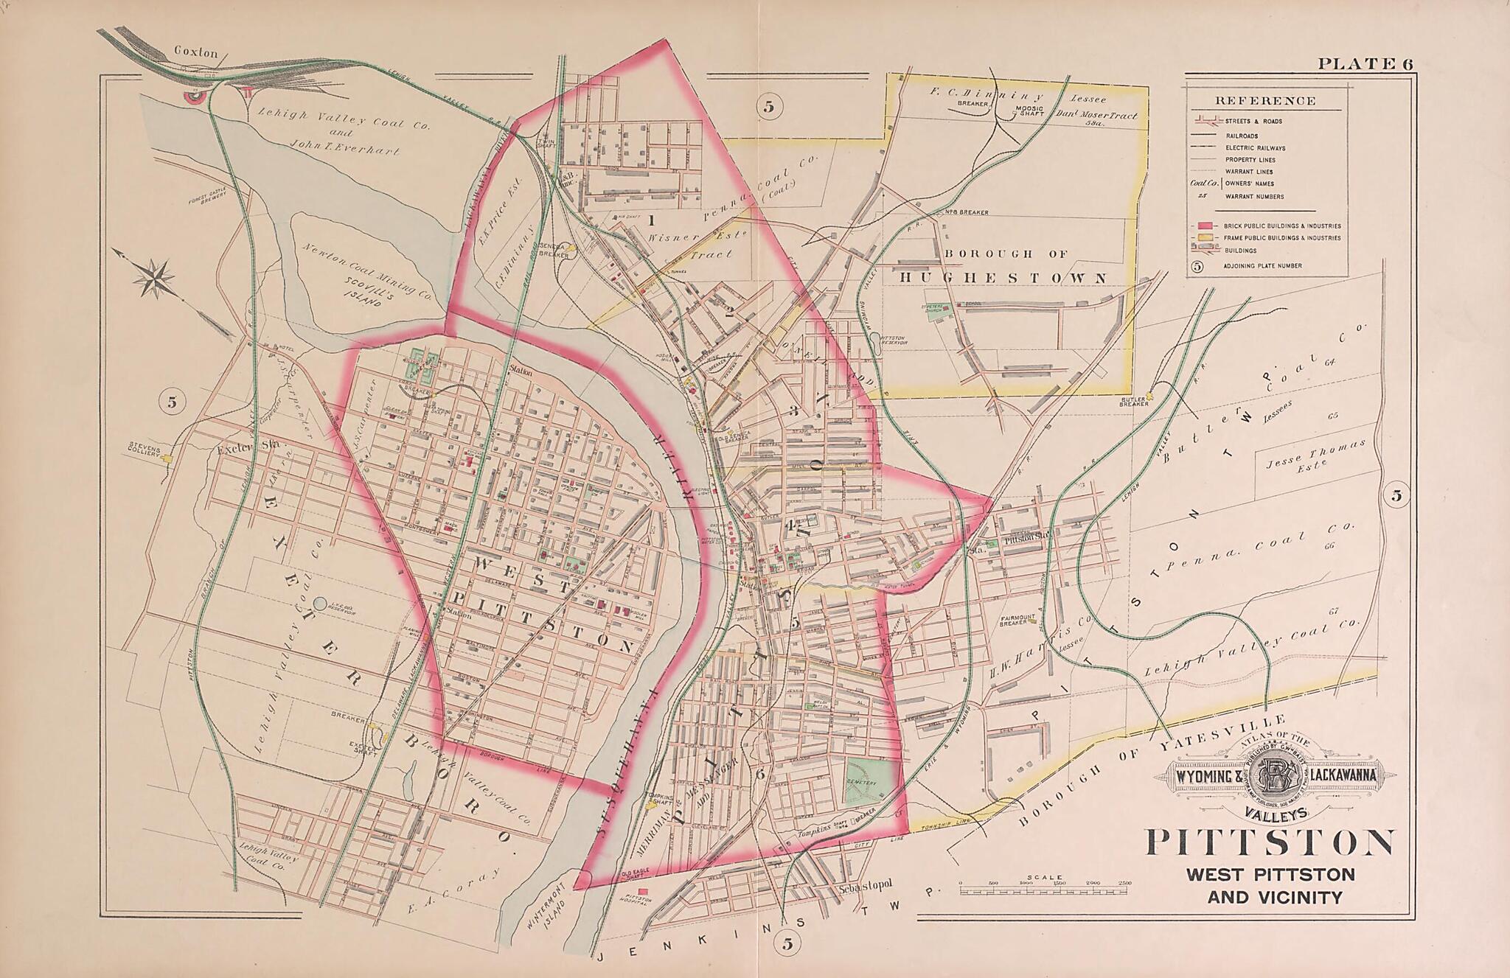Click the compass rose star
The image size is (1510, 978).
tap(156, 278)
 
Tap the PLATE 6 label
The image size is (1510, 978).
tap(1365, 64)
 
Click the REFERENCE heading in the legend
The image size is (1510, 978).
tap(1265, 101)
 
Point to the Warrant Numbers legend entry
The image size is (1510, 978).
tap(1254, 197)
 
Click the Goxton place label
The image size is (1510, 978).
tap(196, 52)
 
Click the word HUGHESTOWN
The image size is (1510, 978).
tap(1003, 278)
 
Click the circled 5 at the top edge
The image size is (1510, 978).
tap(769, 108)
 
